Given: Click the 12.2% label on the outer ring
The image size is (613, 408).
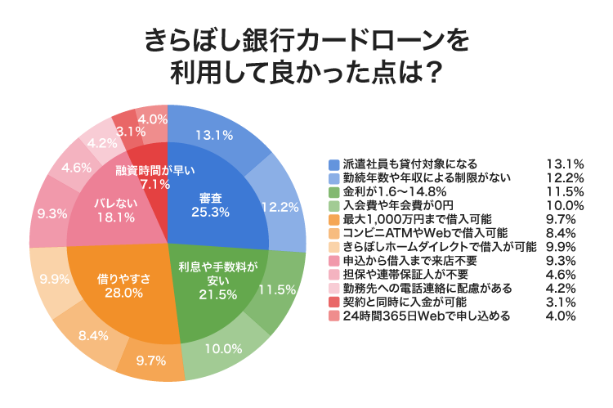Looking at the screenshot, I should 278,208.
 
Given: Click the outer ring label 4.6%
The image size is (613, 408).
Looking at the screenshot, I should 76,168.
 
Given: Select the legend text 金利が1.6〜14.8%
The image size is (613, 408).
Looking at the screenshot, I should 387,191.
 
